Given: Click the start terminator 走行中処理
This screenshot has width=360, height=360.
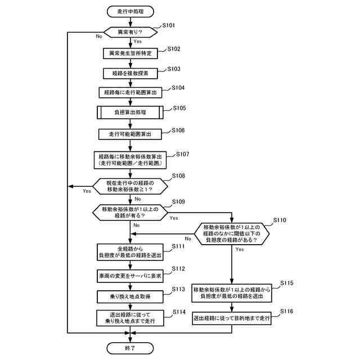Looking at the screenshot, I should [x=130, y=11].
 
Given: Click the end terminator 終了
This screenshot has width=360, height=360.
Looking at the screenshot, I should [x=130, y=348].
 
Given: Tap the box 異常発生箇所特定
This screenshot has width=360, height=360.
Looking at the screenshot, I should [x=130, y=53].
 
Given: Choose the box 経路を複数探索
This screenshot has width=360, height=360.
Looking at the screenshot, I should [x=130, y=73].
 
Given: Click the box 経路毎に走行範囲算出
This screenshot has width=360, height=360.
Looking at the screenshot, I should [x=130, y=92].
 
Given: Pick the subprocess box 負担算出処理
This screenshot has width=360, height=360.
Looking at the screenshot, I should [x=130, y=112].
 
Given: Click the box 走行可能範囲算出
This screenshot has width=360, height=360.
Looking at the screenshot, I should [x=130, y=134].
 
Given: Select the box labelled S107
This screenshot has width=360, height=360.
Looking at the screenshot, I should [x=130, y=159].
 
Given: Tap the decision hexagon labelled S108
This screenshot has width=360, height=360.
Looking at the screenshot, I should [x=130, y=186].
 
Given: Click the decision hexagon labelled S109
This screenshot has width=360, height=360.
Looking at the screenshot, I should [x=130, y=212].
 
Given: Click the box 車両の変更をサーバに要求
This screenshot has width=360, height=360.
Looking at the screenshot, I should [x=130, y=276].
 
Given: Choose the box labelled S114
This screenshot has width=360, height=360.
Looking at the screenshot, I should [x=130, y=318].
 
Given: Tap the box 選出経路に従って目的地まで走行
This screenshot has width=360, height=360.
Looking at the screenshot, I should [x=232, y=318].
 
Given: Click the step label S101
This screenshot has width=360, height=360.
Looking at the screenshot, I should [x=169, y=26].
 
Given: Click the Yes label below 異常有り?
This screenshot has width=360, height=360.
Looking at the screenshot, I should [x=138, y=42].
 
